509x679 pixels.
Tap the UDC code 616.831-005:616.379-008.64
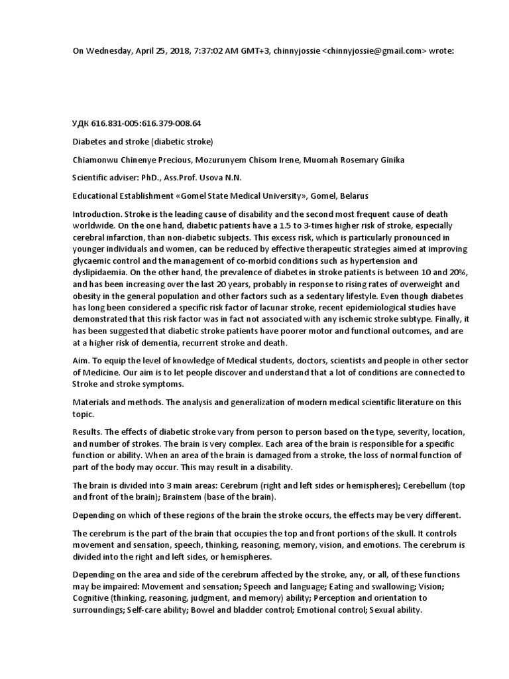pyautogui.click(x=146, y=123)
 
